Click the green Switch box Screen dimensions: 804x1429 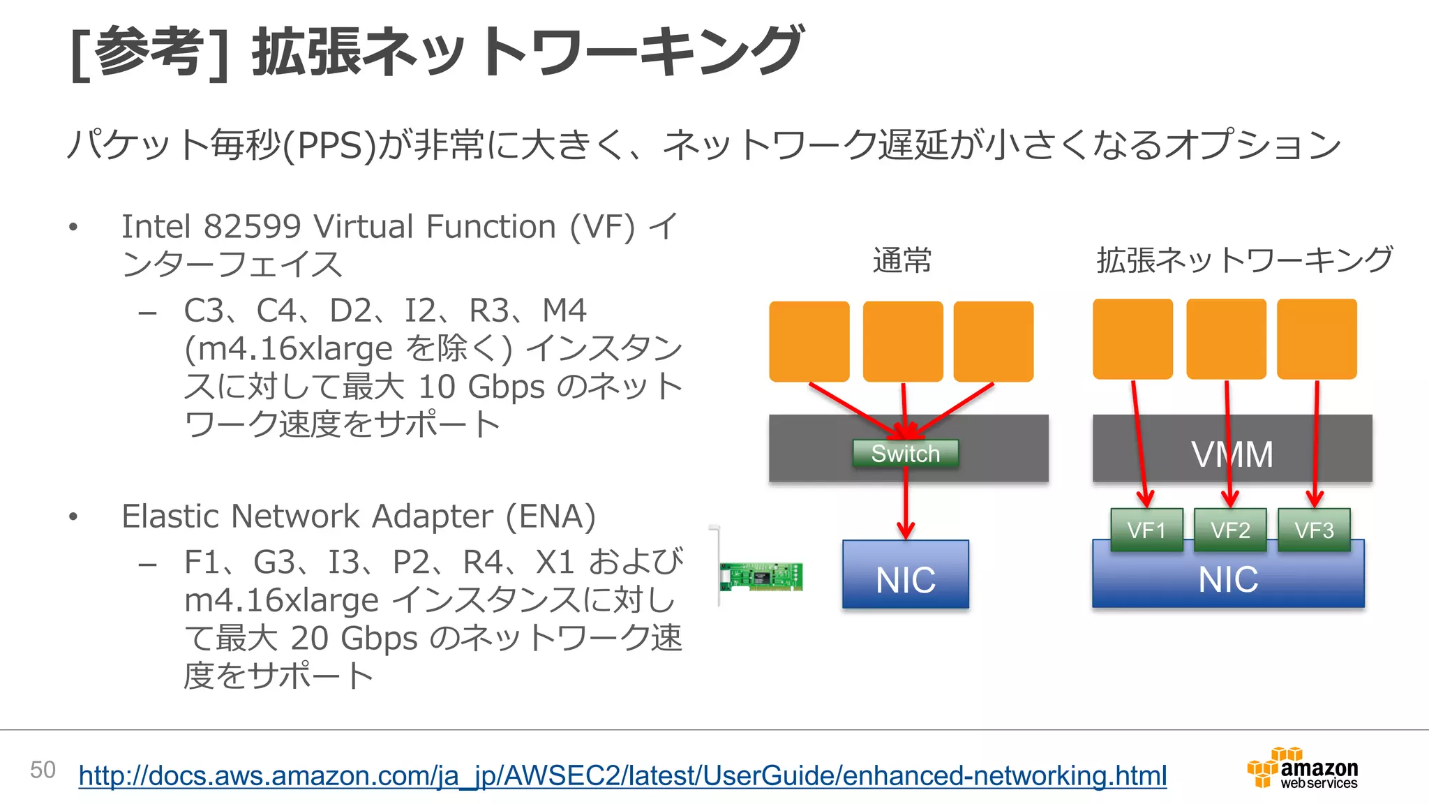tap(905, 454)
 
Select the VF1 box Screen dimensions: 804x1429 tap(1146, 530)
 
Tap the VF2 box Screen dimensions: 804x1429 tap(1230, 530)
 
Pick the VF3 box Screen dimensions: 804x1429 tap(1314, 530)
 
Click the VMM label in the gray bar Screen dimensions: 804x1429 tap(1232, 454)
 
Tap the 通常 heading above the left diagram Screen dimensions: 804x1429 tap(901, 260)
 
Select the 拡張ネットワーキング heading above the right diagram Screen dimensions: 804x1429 tap(1244, 260)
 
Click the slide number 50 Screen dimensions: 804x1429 tap(43, 770)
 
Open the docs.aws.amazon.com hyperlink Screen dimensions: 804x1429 tap(622, 775)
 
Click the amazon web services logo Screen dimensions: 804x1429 tap(1303, 768)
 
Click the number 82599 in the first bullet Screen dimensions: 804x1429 tap(252, 227)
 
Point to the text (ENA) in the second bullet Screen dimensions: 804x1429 tap(551, 517)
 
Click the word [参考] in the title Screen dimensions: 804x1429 tap(149, 53)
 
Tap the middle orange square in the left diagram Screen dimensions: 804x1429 tap(903, 341)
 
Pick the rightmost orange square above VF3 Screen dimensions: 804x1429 tap(1317, 339)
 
